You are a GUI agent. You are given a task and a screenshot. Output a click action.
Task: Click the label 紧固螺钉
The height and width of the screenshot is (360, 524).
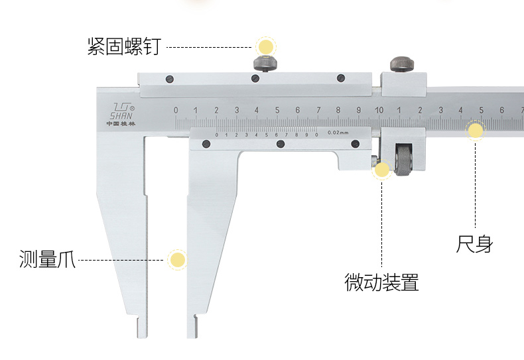pos(124,47)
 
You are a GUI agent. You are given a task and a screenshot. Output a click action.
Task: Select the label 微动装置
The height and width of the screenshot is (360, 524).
pos(381,282)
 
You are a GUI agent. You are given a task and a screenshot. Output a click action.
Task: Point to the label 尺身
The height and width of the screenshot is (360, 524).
pos(475,244)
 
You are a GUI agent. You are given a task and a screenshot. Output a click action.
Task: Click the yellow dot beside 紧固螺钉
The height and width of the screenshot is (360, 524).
pos(266,47)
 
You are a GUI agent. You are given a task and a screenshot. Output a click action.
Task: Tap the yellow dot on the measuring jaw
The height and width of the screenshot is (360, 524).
pos(177,260)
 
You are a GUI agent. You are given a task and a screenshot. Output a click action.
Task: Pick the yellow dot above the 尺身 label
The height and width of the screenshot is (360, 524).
pos(476,130)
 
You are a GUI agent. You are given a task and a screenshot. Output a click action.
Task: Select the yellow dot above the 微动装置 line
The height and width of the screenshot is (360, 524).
pos(382,170)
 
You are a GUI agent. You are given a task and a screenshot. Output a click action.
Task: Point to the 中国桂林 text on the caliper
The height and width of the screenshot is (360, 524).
pos(121,123)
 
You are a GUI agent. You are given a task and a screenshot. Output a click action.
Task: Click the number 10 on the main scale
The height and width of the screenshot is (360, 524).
pos(378,110)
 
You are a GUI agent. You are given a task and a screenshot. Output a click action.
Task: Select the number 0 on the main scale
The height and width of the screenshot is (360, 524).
pos(176,110)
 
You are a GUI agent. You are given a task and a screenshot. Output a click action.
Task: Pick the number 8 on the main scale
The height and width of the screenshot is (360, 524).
pos(338,110)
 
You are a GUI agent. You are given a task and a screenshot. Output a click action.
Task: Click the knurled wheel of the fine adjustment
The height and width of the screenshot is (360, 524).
pos(403,162)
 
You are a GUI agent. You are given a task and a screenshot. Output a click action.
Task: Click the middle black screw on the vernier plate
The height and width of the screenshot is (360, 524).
pos(281,144)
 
